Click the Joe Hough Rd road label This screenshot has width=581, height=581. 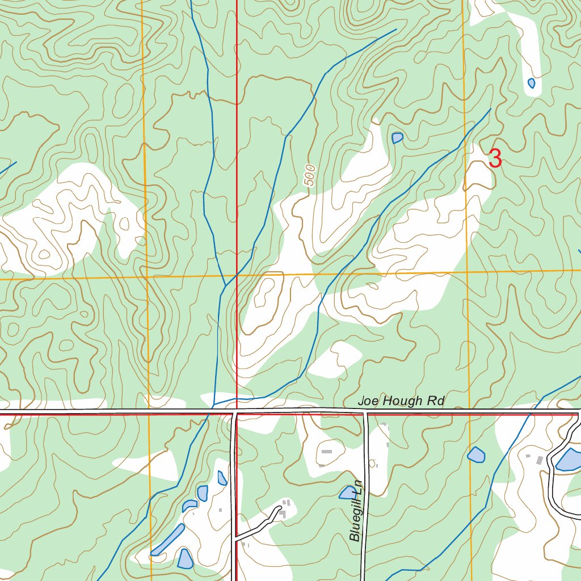(x=401, y=401)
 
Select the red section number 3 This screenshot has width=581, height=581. (x=495, y=159)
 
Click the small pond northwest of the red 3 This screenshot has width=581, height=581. (x=397, y=138)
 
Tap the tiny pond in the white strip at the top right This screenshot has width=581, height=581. (x=531, y=83)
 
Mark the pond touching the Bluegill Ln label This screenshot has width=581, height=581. (x=347, y=492)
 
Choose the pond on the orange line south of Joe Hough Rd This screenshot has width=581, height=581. (x=476, y=454)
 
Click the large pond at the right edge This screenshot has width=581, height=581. (x=569, y=460)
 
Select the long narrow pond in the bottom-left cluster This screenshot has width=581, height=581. (x=169, y=540)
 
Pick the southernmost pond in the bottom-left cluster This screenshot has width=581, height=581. (x=185, y=559)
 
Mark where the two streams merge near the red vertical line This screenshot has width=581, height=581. (x=226, y=285)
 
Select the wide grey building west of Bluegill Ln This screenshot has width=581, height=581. (x=327, y=452)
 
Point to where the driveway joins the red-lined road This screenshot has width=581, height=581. (x=235, y=536)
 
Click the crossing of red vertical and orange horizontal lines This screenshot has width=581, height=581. (x=237, y=276)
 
